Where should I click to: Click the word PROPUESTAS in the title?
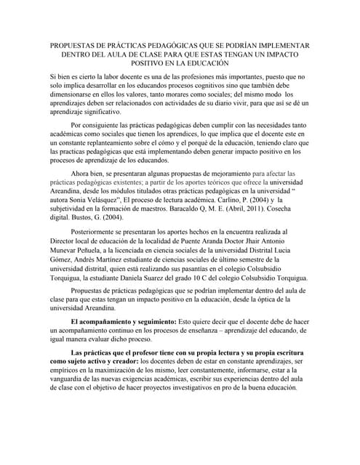[x=73, y=44]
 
